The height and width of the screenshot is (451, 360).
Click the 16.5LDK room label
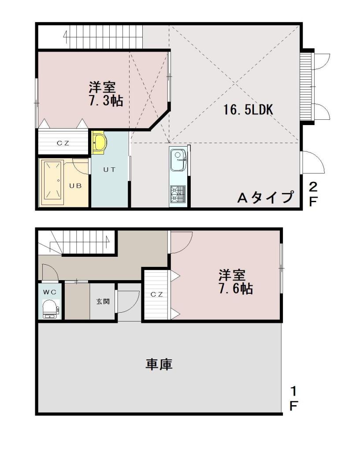(248, 110)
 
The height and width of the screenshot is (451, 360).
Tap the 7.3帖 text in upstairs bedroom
(106, 101)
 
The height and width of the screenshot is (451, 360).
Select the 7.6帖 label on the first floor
(236, 288)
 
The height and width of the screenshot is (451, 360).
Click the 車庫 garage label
(159, 364)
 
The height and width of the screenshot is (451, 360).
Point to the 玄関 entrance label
(103, 302)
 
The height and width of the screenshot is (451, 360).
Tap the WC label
(50, 292)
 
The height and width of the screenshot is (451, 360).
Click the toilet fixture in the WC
(51, 309)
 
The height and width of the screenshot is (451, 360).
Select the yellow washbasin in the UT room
(99, 141)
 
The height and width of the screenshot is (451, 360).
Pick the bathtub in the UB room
(53, 182)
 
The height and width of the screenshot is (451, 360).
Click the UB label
(75, 186)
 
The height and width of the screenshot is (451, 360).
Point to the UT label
(110, 170)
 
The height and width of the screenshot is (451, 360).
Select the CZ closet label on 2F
(63, 143)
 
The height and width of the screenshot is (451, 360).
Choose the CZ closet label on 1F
(157, 294)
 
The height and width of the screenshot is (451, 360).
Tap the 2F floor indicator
(313, 194)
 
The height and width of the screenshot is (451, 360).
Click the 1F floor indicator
(293, 399)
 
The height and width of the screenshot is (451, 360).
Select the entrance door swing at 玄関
(128, 301)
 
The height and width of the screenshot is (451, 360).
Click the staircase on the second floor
(103, 37)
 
